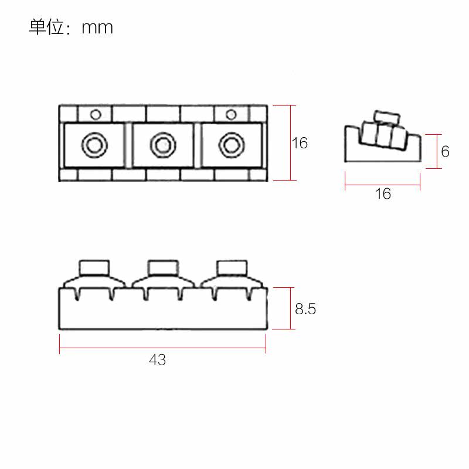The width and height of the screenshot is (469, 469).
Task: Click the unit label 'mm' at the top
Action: click(97, 28)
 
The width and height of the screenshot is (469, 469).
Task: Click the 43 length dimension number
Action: click(157, 360)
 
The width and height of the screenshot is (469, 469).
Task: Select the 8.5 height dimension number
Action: click(305, 309)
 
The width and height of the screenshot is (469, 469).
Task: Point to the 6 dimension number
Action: click(445, 151)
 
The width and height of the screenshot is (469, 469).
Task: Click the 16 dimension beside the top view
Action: click(300, 142)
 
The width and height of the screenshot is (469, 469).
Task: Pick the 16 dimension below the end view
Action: click(382, 194)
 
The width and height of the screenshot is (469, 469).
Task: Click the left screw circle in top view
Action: click(94, 144)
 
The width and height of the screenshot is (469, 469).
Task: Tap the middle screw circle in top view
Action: click(162, 144)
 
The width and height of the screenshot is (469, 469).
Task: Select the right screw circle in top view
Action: click(230, 144)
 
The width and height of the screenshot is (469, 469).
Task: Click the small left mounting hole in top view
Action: click(96, 114)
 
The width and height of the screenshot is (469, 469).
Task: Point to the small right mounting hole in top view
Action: click(231, 114)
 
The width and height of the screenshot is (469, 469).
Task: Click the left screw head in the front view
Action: click(94, 268)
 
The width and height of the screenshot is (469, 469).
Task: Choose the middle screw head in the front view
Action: click(162, 268)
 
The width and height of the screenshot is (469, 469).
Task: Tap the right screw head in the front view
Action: click(231, 268)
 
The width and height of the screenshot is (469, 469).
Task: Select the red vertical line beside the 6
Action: click(436, 151)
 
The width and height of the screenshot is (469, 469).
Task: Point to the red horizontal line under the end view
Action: click(363, 187)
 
